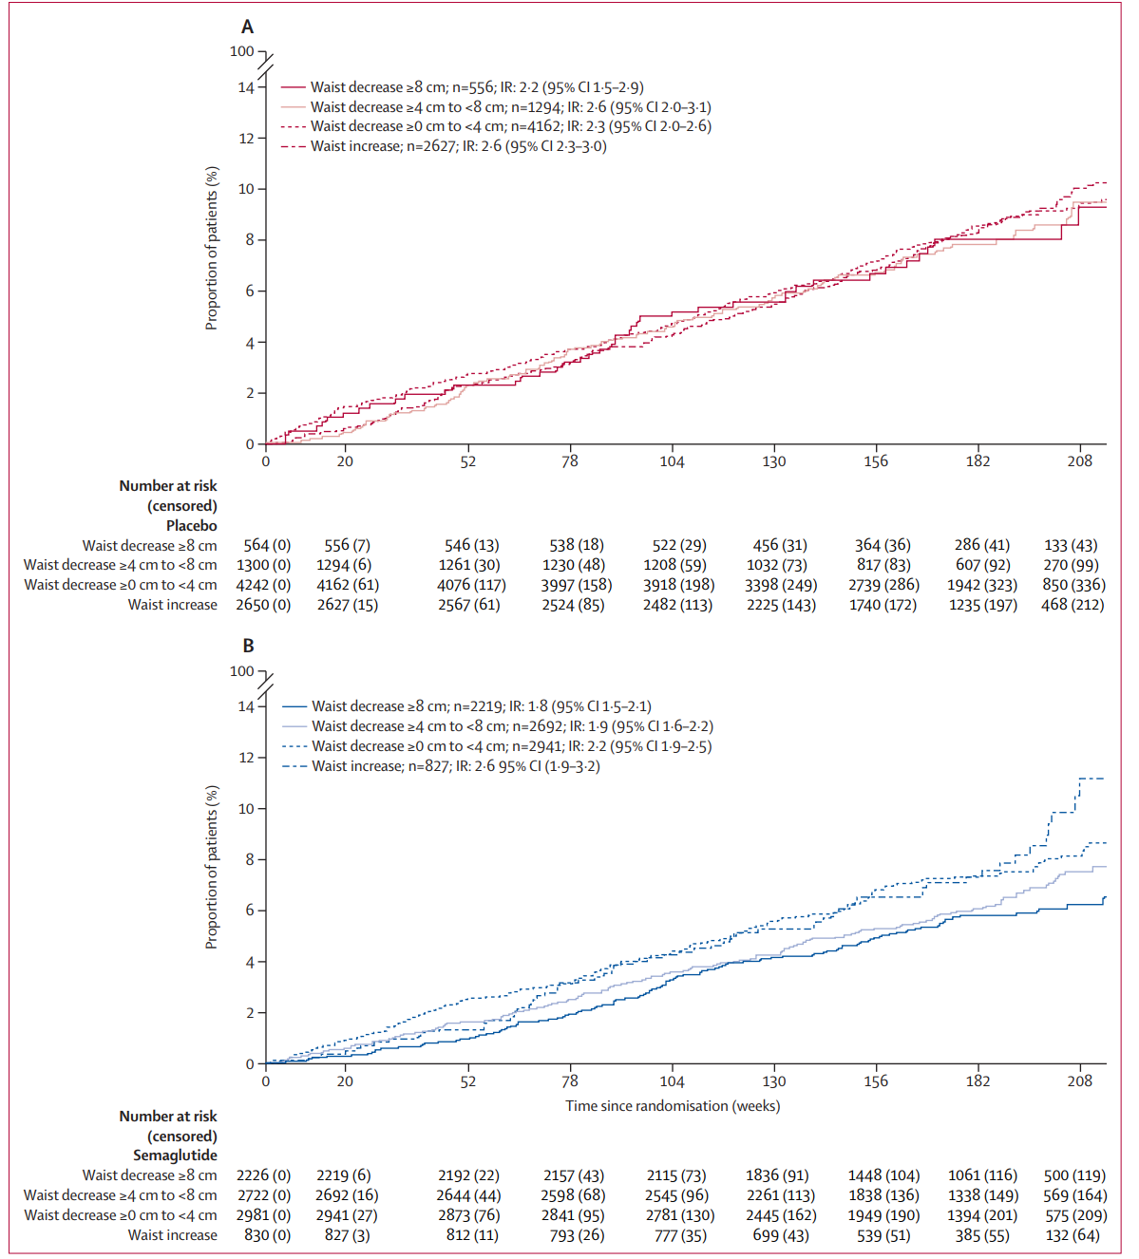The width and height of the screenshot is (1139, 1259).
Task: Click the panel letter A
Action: [x=247, y=27]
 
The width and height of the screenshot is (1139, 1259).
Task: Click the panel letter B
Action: [x=248, y=646]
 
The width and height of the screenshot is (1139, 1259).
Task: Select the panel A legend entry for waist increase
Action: [x=458, y=146]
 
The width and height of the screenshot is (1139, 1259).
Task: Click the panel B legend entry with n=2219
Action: [x=481, y=706]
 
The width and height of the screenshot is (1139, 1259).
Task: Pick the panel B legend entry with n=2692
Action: [x=512, y=726]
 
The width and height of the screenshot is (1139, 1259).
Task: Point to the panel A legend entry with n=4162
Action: [x=510, y=126]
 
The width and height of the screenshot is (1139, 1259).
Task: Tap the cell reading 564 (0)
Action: [x=267, y=545]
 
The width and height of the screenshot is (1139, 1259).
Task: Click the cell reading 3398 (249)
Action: [x=781, y=585]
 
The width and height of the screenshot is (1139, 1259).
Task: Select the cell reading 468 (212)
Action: [x=1073, y=605]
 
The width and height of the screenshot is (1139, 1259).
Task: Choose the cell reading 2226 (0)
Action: [x=264, y=1175]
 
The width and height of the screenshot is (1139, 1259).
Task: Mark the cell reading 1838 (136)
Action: [x=883, y=1195]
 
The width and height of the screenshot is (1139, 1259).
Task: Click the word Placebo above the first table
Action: [x=191, y=525]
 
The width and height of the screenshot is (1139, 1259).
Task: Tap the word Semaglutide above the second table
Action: [x=175, y=1156]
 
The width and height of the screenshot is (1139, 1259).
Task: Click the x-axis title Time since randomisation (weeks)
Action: [x=673, y=1106]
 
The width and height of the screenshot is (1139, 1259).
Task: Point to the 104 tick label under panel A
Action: [x=672, y=461]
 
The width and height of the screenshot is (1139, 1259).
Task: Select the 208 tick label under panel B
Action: [x=1079, y=1080]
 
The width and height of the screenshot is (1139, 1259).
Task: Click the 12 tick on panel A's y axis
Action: [x=246, y=139]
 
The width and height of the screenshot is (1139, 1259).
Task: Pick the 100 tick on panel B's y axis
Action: [x=242, y=671]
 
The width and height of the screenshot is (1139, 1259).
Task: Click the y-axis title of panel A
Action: [x=212, y=249]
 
